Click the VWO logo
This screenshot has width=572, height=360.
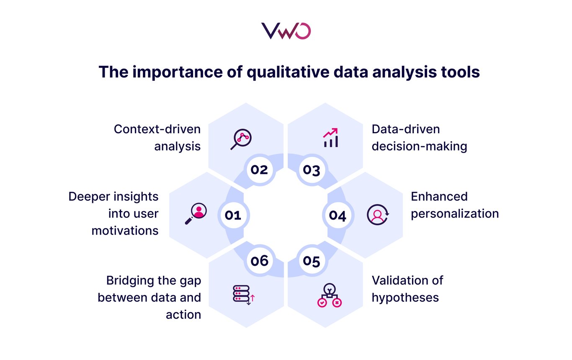point(286,31)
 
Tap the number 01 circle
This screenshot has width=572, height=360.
point(233,215)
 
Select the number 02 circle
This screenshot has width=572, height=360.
point(260,170)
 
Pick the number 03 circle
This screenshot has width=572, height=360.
point(312,170)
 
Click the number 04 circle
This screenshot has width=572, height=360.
point(338,215)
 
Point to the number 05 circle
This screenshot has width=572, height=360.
point(312,261)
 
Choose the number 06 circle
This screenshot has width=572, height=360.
point(260,261)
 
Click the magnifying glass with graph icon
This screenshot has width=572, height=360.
point(241,139)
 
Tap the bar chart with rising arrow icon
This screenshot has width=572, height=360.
point(331,138)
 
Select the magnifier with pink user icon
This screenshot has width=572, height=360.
point(196,214)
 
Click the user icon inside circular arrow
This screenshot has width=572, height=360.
point(378,215)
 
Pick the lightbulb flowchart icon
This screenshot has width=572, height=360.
point(330,295)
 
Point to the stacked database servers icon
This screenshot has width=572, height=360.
point(244,295)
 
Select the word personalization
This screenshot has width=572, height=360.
point(455,214)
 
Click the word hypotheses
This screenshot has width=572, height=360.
point(405,298)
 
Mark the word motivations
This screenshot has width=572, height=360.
point(125,231)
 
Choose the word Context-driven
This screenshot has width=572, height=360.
point(157,129)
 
